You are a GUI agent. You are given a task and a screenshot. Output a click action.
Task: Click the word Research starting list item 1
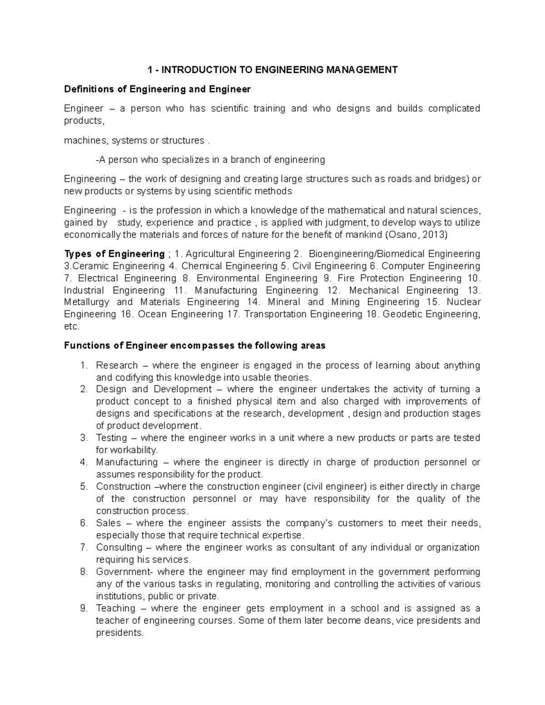pos(117,365)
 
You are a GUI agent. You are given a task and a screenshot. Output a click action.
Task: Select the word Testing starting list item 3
pos(111,438)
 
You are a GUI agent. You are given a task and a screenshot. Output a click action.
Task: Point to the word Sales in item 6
pos(109,523)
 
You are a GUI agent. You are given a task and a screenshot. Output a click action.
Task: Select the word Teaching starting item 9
pos(115,608)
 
